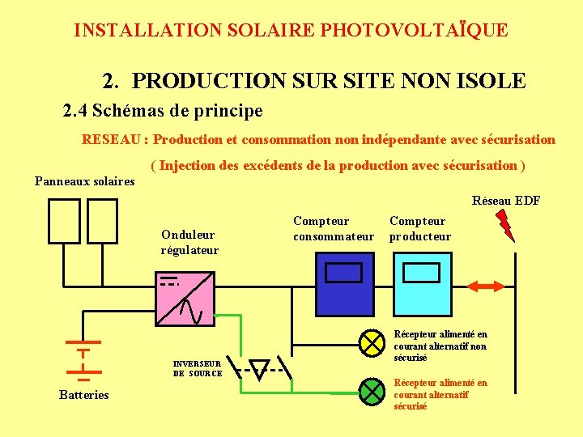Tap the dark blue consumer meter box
coord(344,284)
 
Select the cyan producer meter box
coord(421,284)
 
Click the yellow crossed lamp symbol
coord(372,343)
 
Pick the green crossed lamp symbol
coord(372,392)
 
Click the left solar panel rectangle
coord(64,221)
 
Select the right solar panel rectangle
coord(102,221)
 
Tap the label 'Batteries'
coord(83,395)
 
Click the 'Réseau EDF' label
coord(505,201)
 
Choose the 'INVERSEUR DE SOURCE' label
coord(198,368)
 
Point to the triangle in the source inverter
coord(258,370)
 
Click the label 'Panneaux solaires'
coord(84,180)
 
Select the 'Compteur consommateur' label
coord(334,228)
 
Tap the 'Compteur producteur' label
coord(419,228)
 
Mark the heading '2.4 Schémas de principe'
coord(163,109)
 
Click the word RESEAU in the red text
coord(111,139)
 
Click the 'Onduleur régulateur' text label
coord(189,242)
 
